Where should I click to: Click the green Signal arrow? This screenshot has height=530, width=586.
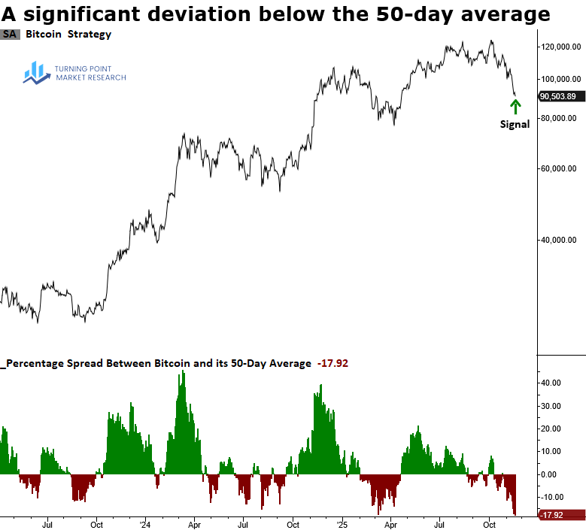click(515, 108)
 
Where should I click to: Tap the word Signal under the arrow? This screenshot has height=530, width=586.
click(515, 124)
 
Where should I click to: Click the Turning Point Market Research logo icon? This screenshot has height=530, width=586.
click(36, 72)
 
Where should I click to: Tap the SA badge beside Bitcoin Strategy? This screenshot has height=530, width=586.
click(10, 34)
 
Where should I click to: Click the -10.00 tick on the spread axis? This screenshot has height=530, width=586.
click(554, 497)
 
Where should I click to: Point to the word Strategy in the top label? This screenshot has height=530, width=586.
click(90, 34)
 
